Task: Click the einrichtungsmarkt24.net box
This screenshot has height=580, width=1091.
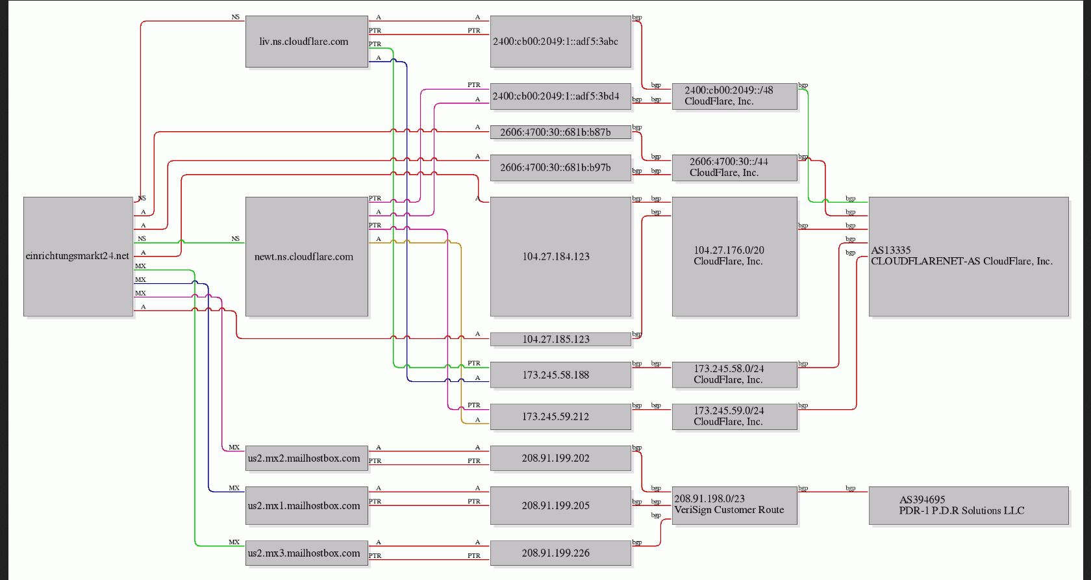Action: click(78, 257)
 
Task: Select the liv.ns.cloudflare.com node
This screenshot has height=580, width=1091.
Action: click(307, 42)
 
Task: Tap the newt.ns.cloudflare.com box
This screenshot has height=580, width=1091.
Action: click(307, 257)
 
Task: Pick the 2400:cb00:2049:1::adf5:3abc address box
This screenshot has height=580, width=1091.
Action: click(560, 42)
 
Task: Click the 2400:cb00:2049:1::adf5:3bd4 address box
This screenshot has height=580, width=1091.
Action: click(560, 96)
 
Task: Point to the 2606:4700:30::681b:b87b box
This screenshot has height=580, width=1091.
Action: click(560, 132)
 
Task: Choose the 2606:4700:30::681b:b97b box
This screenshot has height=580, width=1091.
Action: click(560, 168)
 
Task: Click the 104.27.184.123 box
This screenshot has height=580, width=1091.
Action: click(560, 257)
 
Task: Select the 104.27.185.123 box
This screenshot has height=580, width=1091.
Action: click(560, 339)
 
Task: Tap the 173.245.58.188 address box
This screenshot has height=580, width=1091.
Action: click(560, 375)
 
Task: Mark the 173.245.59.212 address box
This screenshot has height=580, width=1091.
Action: click(560, 417)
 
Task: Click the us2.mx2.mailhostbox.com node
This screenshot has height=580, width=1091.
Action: click(307, 459)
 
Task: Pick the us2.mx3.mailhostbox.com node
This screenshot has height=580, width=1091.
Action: click(307, 553)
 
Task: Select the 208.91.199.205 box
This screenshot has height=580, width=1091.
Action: click(560, 505)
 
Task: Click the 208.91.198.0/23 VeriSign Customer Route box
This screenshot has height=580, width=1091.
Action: click(734, 505)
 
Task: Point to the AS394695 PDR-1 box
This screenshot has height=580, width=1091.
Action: click(969, 505)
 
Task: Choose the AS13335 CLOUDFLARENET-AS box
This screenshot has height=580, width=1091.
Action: click(969, 257)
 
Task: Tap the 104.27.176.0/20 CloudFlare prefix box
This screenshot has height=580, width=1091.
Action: click(734, 257)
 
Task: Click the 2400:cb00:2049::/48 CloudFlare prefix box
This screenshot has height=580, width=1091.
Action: click(734, 96)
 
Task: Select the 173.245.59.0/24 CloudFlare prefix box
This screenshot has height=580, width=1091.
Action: click(734, 417)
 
